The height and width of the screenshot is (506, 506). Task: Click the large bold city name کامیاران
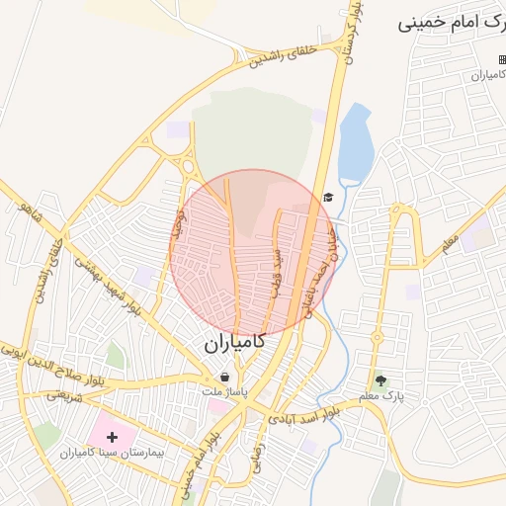[235, 343]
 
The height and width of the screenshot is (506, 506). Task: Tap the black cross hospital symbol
[111, 436]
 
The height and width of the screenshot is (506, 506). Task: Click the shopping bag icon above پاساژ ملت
[225, 377]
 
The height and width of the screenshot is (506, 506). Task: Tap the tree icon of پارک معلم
[381, 379]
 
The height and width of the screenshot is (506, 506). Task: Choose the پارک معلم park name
[382, 396]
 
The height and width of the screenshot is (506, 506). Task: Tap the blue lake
[355, 144]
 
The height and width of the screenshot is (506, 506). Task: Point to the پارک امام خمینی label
[450, 22]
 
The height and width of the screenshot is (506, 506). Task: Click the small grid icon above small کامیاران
[501, 60]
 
